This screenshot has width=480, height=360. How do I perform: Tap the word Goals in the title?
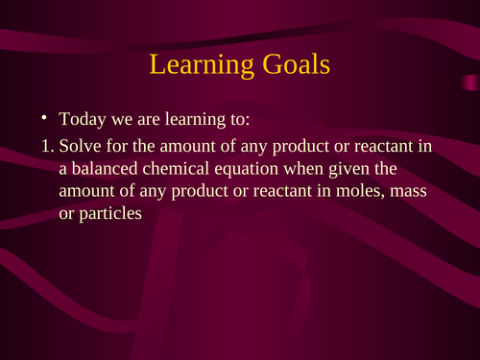(292, 65)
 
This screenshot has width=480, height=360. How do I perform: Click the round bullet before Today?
(44, 121)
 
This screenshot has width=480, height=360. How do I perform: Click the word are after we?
(143, 122)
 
